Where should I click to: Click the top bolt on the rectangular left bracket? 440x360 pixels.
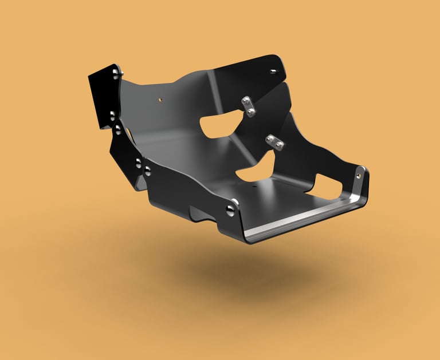click(x=116, y=73)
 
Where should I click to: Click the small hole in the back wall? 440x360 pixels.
click(x=161, y=99)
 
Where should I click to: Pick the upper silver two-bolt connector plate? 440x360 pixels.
click(x=248, y=106)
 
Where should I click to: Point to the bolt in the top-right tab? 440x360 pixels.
click(x=273, y=72)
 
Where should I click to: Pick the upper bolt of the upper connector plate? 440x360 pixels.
click(x=245, y=101)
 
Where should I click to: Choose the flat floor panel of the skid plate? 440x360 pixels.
click(x=286, y=197)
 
